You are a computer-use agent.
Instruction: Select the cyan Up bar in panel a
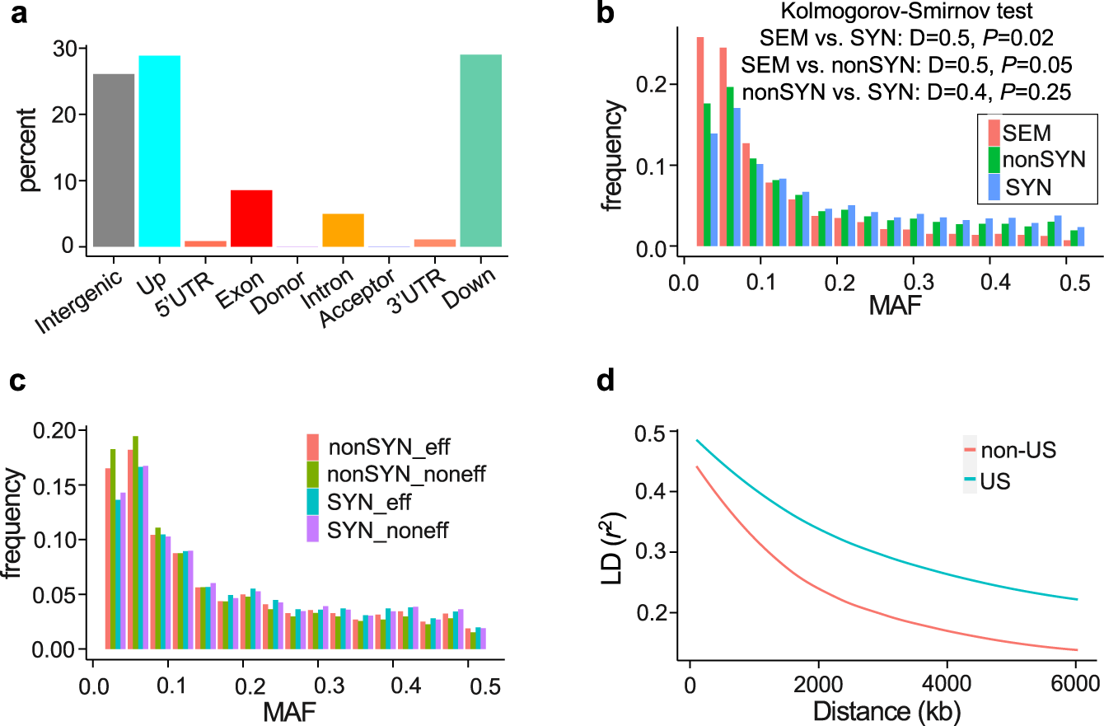point(160,152)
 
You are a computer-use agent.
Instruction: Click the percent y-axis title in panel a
point(30,148)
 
